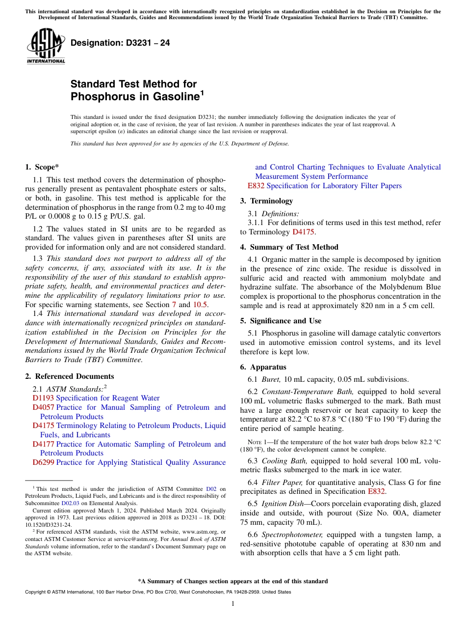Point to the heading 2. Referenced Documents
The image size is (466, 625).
pos(69,376)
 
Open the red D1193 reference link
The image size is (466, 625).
pos(43,398)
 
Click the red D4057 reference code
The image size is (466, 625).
pos(43,407)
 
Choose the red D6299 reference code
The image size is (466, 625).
pos(43,462)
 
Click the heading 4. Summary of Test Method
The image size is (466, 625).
pos(289,247)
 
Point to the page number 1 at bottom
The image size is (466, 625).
pos(233,603)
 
